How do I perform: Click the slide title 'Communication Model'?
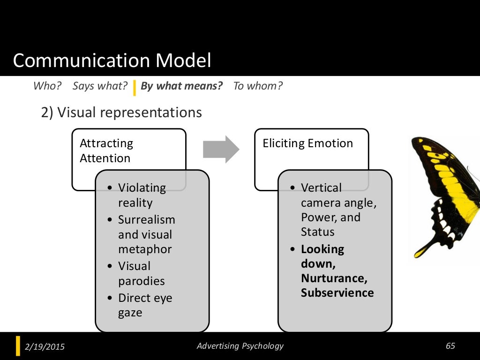click(x=112, y=61)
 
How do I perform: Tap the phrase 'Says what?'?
click(x=100, y=86)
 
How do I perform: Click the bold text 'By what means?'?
click(x=181, y=86)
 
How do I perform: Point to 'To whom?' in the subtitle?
click(x=258, y=86)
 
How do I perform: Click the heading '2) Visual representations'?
click(x=122, y=112)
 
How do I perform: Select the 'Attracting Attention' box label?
click(x=106, y=150)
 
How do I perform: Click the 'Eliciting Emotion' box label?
click(x=307, y=143)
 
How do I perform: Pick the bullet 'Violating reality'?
click(x=142, y=195)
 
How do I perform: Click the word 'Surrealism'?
click(x=146, y=220)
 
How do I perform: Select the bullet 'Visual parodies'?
click(x=141, y=273)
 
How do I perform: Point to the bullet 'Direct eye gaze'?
click(x=145, y=305)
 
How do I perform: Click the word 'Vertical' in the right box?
click(x=321, y=188)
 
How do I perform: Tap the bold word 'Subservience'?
click(x=337, y=293)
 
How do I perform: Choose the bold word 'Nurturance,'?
click(x=334, y=278)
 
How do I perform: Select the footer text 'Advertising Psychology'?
click(x=240, y=346)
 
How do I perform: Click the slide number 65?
click(x=450, y=346)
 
